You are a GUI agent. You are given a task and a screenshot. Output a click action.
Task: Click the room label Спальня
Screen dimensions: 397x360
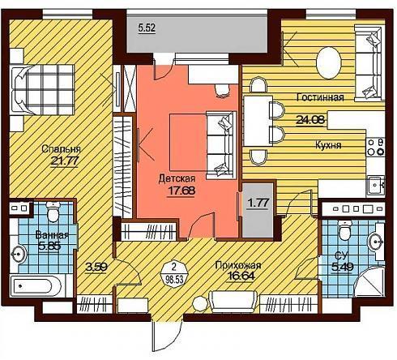pos(62,149)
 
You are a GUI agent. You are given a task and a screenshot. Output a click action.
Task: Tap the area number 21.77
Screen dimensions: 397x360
pos(65,161)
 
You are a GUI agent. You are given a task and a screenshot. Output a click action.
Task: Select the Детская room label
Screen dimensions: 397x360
pos(177,178)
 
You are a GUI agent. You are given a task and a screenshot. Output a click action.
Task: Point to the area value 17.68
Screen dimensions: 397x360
pos(181,191)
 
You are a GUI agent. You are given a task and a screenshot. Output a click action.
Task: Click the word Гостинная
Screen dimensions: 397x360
pos(320,97)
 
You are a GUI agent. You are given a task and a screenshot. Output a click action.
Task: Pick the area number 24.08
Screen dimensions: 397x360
pos(310,119)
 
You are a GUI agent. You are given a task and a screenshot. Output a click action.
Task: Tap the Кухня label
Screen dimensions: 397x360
pos(328,145)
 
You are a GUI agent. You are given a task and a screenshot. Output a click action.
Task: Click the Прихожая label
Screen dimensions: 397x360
pos(238,265)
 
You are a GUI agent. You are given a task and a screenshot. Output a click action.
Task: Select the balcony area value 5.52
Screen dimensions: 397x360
pos(147,28)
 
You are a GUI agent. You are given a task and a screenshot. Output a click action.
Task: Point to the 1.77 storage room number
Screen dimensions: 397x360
pos(258,203)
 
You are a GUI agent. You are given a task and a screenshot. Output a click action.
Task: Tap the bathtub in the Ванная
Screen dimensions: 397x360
pos(36,286)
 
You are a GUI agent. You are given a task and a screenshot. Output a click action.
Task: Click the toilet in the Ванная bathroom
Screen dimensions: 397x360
pos(53,212)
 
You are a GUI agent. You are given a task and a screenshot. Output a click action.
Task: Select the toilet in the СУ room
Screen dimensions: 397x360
pos(344,230)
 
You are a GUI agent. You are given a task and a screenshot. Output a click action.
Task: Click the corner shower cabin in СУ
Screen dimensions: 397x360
pos(369,281)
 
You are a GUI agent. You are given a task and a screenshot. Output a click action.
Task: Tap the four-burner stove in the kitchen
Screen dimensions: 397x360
pos(376,147)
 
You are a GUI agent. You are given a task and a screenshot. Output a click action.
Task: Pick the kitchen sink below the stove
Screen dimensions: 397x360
pos(376,185)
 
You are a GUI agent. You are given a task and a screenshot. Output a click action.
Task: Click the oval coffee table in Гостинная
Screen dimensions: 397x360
pos(328,63)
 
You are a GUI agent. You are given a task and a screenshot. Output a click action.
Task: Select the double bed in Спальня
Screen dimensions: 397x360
pos(42,90)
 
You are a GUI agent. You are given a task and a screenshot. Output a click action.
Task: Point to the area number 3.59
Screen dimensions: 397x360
pos(96,268)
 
